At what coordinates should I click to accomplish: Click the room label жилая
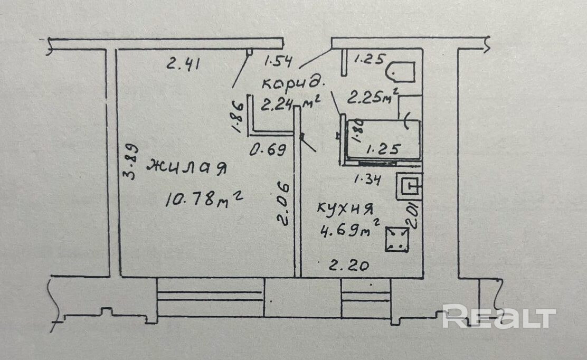point(186,167)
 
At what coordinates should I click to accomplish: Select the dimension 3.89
point(131,162)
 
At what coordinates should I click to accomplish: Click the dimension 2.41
point(183,64)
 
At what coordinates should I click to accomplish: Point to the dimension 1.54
point(278,61)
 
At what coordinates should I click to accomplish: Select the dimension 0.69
point(268,150)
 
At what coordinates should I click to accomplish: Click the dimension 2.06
point(284,204)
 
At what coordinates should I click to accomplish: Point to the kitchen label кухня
point(345,209)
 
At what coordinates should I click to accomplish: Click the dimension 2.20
point(349,266)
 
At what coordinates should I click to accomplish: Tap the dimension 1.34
point(367,179)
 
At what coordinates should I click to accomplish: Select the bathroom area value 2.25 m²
point(373,97)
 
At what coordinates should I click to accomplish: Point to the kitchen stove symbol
point(397,239)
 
